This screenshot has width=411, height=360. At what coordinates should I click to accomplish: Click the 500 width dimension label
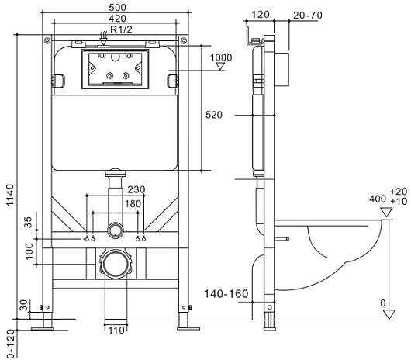(117, 7)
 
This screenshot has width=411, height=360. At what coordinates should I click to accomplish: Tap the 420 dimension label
(117, 19)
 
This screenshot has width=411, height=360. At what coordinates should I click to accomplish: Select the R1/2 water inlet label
(121, 29)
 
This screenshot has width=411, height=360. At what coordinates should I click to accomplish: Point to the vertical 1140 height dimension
(10, 195)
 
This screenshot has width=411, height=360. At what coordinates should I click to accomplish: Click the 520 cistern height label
(214, 115)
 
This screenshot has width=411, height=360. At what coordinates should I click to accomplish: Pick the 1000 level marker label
(221, 57)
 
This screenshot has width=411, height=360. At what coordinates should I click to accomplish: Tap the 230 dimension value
(136, 189)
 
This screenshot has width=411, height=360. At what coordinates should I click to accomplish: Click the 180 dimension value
(133, 203)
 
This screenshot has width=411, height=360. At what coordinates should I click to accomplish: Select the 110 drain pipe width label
(116, 331)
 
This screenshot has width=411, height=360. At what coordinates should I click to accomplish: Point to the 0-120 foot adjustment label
(11, 344)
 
